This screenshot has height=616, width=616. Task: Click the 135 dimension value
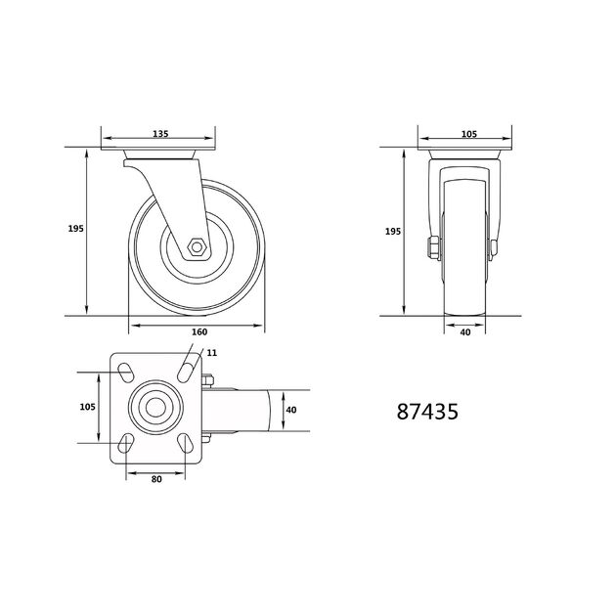pyautogui.click(x=160, y=134)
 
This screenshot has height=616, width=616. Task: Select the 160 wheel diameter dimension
pyautogui.click(x=199, y=332)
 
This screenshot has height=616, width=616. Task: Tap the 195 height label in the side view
pyautogui.click(x=76, y=228)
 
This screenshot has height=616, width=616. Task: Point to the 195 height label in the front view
pyautogui.click(x=393, y=232)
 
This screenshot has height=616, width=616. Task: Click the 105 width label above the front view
pyautogui.click(x=469, y=134)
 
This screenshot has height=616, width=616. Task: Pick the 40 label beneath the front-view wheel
pyautogui.click(x=465, y=332)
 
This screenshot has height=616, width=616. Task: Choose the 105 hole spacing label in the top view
pyautogui.click(x=88, y=407)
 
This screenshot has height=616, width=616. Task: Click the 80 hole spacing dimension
pyautogui.click(x=156, y=479)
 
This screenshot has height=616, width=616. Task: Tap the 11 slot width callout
pyautogui.click(x=212, y=353)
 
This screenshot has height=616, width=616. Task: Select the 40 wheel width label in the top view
pyautogui.click(x=291, y=410)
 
